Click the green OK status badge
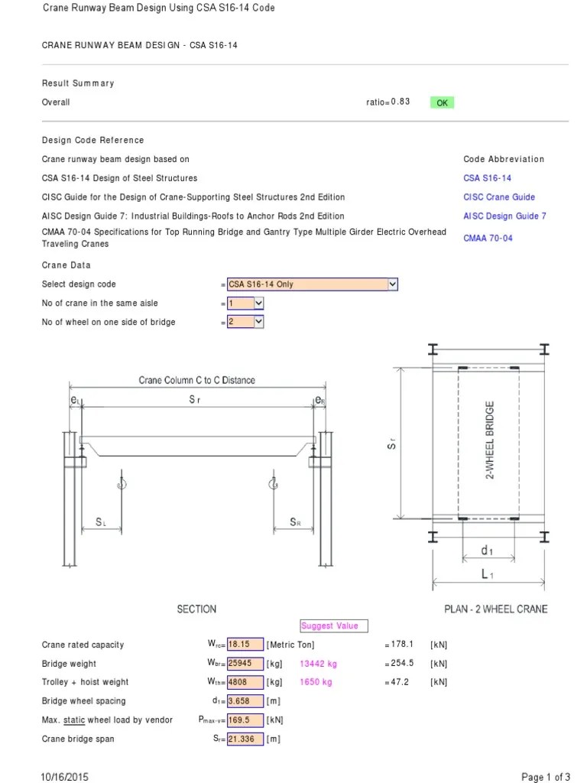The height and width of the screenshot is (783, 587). click(442, 102)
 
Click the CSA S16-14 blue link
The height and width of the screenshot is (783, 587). click(487, 178)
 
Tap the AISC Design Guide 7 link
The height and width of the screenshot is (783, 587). click(504, 216)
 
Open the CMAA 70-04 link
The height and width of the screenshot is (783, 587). click(488, 239)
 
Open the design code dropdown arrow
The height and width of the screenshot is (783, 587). click(393, 284)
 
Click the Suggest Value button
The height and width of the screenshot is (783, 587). click(334, 625)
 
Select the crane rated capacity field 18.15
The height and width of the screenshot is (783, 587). click(245, 645)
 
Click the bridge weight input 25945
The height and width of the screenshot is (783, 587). click(245, 664)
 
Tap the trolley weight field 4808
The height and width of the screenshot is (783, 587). click(245, 682)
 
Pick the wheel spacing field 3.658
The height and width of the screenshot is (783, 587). click(245, 701)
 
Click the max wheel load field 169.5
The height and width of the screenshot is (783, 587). click(245, 720)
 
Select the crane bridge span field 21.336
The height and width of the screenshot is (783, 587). click(245, 739)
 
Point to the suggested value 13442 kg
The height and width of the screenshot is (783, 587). click(318, 664)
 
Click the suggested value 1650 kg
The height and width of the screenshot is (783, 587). click(316, 682)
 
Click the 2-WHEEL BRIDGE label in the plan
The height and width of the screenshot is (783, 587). click(490, 440)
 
